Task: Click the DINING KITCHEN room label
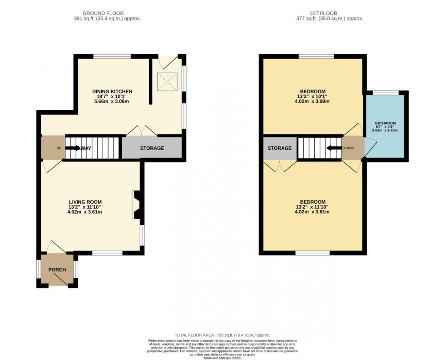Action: (x=112, y=91)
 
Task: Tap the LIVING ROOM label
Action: (x=85, y=202)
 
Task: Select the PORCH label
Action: (x=58, y=270)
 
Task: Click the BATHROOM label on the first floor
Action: (x=385, y=123)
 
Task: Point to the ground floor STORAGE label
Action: (x=152, y=148)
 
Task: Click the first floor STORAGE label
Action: (x=279, y=148)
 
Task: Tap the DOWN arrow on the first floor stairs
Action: (x=334, y=148)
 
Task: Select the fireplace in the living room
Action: (x=136, y=205)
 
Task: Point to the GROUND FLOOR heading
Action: (x=107, y=13)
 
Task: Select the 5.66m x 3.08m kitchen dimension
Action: (x=112, y=101)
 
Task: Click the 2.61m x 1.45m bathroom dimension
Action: (x=385, y=130)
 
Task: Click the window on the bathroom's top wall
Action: (x=385, y=92)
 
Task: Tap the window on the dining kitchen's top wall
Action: (x=112, y=56)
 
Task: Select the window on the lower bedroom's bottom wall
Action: (x=312, y=253)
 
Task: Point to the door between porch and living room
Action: (x=57, y=248)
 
